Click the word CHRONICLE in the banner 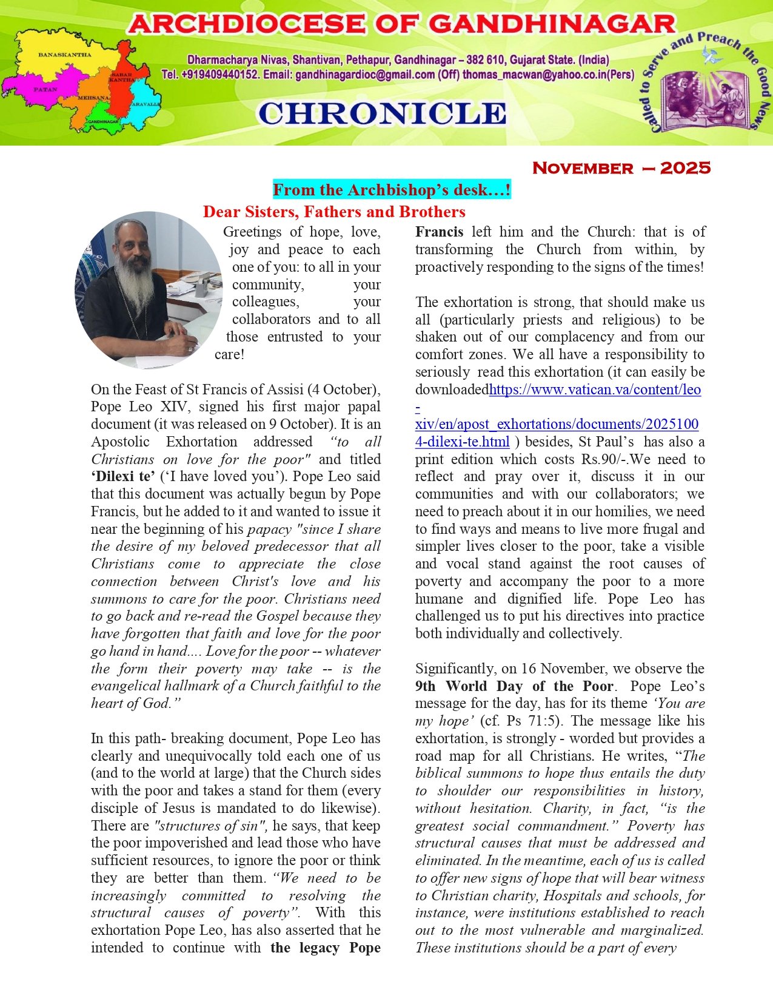(x=382, y=114)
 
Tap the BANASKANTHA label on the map (x=65, y=55)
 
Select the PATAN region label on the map (x=45, y=89)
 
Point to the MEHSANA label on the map (x=93, y=98)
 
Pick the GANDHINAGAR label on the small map (x=103, y=122)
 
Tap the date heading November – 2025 (x=621, y=168)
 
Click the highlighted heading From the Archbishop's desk (x=392, y=190)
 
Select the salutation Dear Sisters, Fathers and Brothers (x=334, y=212)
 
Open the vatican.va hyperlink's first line (x=595, y=389)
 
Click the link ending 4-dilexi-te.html (x=462, y=442)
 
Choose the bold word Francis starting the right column (x=439, y=232)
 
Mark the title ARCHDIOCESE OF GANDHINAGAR (x=401, y=25)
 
